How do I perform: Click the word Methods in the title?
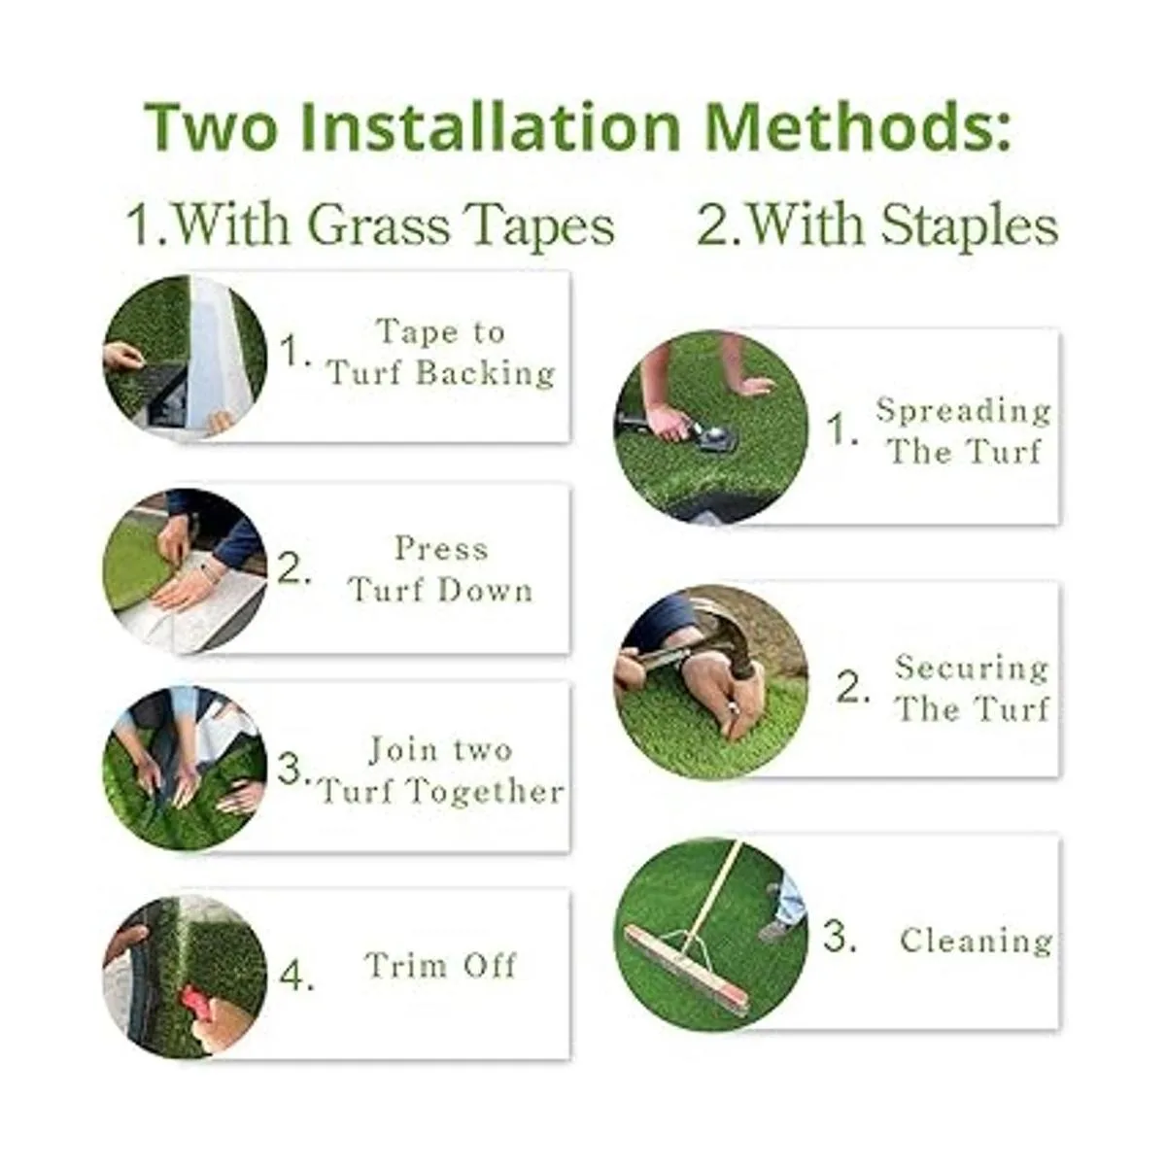857,127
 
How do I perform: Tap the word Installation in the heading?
492,127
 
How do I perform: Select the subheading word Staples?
968,225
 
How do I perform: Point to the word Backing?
485,372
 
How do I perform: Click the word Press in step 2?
441,549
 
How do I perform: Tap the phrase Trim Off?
441,965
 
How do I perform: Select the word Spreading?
964,411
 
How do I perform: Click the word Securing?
972,669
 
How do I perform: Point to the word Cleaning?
977,942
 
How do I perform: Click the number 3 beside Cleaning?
840,935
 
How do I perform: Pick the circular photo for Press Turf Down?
186,570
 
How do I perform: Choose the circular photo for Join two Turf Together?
186,768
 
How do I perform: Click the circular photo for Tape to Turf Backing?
186,357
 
